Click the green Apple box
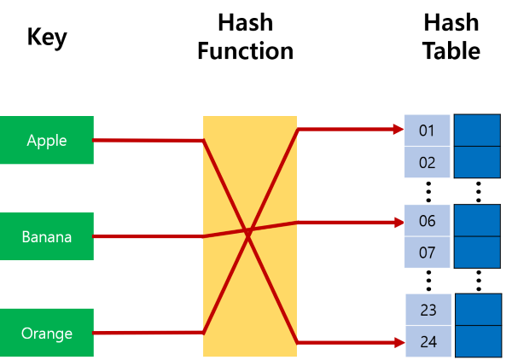[x=46, y=140]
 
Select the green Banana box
[x=46, y=236]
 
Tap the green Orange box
[x=46, y=333]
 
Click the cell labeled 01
[x=428, y=131]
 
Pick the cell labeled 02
[x=428, y=162]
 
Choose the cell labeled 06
[x=428, y=221]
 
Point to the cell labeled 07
[x=428, y=253]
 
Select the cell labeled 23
[x=428, y=310]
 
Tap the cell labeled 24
[x=428, y=341]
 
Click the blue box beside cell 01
[x=477, y=131]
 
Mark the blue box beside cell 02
[x=477, y=162]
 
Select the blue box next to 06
[x=477, y=221]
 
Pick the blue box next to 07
[x=477, y=253]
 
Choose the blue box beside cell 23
[x=477, y=310]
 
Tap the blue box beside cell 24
[x=477, y=341]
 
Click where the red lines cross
[x=248, y=231]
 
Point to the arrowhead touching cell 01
[x=398, y=130]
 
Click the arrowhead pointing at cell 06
[x=398, y=222]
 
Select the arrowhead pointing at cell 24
[x=398, y=342]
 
